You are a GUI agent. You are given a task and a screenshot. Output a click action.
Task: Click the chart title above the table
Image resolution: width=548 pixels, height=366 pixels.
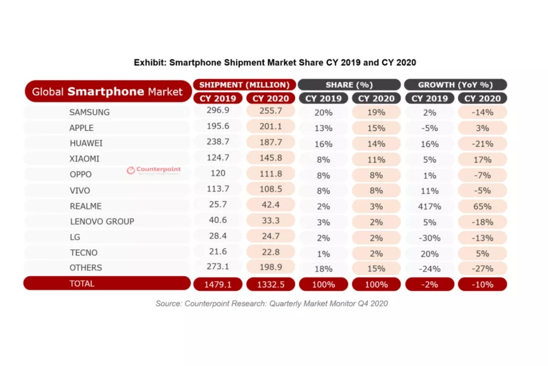[x=275, y=62]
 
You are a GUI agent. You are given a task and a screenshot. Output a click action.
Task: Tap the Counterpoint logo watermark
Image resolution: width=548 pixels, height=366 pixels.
[x=154, y=170]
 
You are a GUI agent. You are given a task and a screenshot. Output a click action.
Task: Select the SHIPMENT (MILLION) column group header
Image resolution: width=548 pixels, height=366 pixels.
[x=244, y=85]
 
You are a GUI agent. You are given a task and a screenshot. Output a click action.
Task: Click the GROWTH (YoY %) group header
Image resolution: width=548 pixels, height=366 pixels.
[x=455, y=85]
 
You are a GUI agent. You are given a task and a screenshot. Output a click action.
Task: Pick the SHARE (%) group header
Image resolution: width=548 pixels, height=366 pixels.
[x=349, y=85]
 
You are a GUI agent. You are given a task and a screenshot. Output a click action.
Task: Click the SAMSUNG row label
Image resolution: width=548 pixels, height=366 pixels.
[x=89, y=112]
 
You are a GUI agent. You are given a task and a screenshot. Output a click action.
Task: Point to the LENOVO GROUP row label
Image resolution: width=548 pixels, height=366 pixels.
[x=102, y=221]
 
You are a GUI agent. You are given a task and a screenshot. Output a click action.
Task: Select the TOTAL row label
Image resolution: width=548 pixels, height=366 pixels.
[x=82, y=284]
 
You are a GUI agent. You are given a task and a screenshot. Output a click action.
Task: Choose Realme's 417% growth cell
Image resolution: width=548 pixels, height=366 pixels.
[x=430, y=207]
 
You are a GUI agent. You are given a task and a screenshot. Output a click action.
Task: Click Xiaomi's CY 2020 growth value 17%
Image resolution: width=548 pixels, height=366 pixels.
[x=482, y=159]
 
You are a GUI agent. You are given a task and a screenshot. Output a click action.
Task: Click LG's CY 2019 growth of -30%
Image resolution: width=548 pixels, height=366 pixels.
[x=430, y=237]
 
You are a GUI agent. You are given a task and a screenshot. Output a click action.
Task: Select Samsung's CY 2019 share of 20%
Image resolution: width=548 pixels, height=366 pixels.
[x=324, y=112]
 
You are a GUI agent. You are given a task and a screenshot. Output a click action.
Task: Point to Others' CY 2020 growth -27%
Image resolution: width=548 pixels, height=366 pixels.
[x=482, y=268]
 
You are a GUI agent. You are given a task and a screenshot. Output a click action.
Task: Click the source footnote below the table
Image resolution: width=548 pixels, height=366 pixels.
[x=271, y=303]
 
